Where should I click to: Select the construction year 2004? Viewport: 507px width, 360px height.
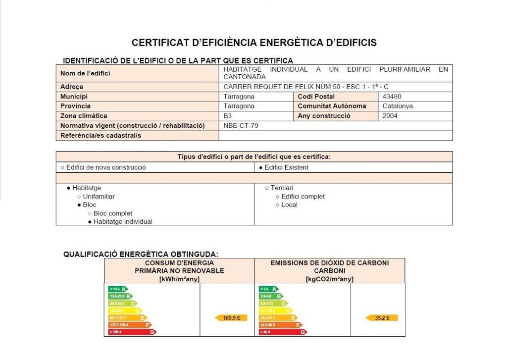(390, 116)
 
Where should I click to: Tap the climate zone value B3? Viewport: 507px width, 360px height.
(228, 116)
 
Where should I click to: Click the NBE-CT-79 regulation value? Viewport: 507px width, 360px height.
(241, 126)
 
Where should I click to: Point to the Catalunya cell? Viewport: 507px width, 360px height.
(398, 106)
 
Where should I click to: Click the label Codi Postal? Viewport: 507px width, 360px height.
(316, 97)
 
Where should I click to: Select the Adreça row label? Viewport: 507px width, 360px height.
(72, 87)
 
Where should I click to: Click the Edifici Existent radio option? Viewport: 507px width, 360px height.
(284, 167)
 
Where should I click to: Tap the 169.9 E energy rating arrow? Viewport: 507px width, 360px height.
(231, 318)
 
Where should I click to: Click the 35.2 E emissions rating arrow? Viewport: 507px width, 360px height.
(382, 318)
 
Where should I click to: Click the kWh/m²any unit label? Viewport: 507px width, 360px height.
(179, 279)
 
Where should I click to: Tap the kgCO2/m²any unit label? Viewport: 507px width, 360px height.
(329, 279)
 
